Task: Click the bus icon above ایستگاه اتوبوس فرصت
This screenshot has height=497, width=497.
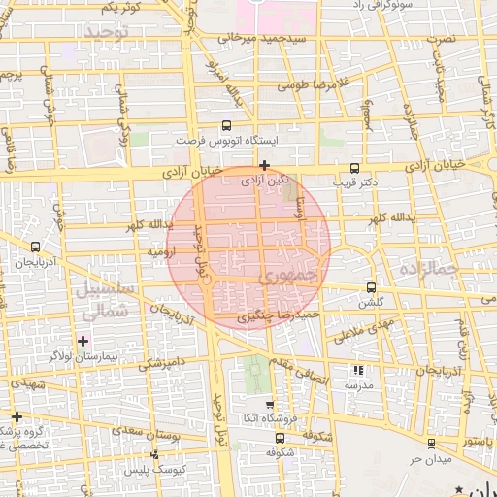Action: [226, 125]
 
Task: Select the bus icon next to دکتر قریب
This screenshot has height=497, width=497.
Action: [354, 167]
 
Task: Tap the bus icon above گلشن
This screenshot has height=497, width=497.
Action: [372, 287]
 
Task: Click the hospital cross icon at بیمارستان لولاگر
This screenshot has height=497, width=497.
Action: [83, 341]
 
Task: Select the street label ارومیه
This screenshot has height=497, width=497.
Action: [161, 251]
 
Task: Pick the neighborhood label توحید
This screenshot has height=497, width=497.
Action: [107, 33]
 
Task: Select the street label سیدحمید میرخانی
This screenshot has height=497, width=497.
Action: [263, 38]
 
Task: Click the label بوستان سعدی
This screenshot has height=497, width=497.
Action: [163, 435]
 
